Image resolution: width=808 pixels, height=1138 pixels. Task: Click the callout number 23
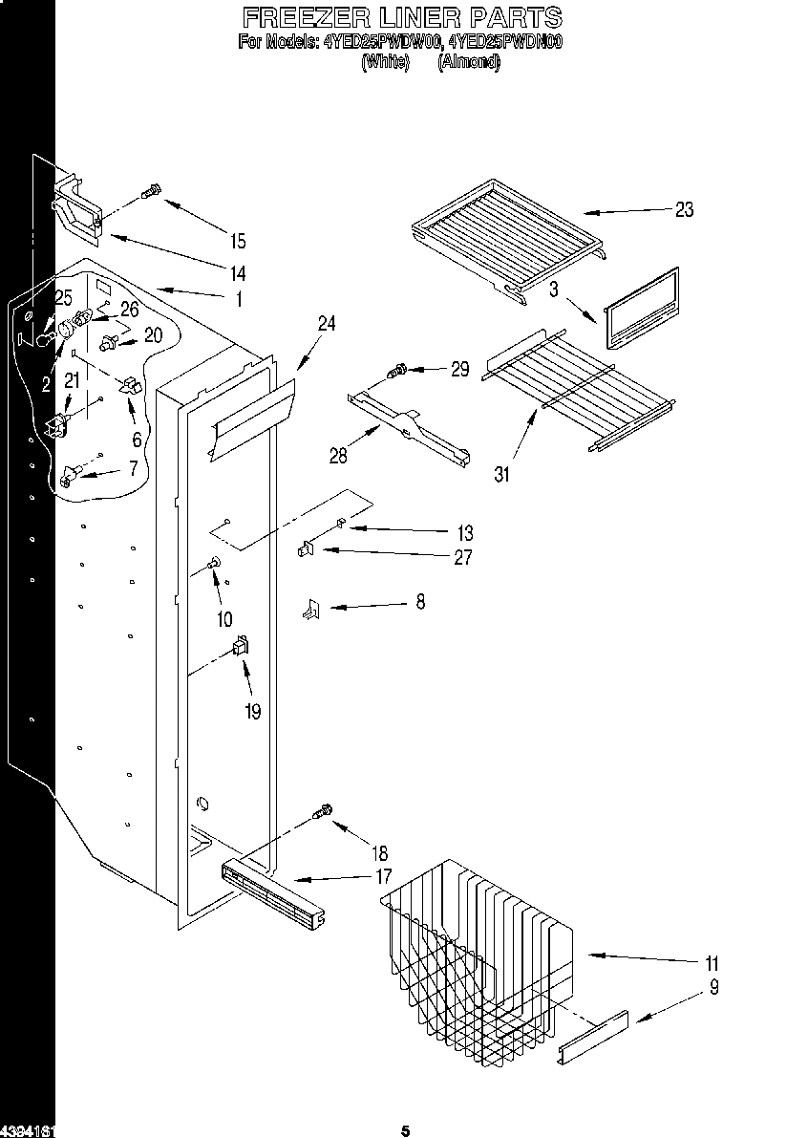coord(684,210)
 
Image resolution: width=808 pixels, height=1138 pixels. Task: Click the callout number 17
coord(384,875)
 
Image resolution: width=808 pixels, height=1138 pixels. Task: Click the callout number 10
coord(224,619)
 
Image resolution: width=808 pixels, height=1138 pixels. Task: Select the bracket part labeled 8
coord(309,609)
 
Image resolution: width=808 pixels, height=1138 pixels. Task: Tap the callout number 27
coord(462,558)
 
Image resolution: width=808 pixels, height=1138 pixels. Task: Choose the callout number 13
coord(464,533)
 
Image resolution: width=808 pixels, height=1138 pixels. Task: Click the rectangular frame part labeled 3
coord(641,307)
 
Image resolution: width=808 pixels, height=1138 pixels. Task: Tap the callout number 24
coord(327,325)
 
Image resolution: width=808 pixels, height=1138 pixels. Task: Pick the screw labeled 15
coord(150,194)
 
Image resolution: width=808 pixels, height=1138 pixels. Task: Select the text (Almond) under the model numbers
coord(468,62)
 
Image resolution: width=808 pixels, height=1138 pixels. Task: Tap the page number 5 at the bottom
coord(405,1130)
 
